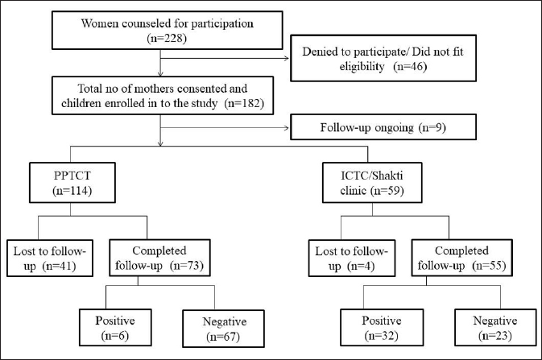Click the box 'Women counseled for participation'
point(168,30)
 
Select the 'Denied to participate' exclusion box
point(383,58)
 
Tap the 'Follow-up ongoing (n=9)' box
point(383,127)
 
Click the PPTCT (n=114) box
point(72,183)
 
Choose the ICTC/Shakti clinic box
point(372,183)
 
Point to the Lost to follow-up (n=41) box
point(50,259)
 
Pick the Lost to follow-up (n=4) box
point(352,259)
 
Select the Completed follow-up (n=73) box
point(159,258)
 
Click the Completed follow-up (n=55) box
point(461,258)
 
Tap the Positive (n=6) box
point(115,328)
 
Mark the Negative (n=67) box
point(223,329)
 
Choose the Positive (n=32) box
point(382,328)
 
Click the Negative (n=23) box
point(495,328)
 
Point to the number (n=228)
point(167,38)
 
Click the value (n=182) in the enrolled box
point(244,103)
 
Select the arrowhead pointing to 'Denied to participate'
point(287,58)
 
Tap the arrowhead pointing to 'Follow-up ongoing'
point(287,128)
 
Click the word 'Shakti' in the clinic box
point(388,176)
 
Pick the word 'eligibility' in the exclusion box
point(362,66)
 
